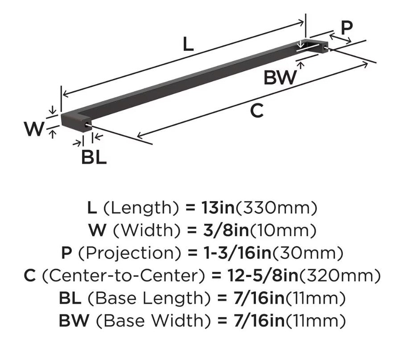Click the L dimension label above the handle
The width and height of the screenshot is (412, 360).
click(x=188, y=44)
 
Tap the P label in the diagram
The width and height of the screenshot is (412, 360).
click(x=346, y=28)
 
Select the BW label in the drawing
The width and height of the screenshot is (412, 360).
click(x=280, y=78)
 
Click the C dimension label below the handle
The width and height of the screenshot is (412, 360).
click(x=257, y=111)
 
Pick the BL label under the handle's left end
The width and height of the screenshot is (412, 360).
click(x=94, y=157)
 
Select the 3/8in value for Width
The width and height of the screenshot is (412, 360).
click(x=226, y=230)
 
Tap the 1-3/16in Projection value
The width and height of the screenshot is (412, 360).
click(x=238, y=252)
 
